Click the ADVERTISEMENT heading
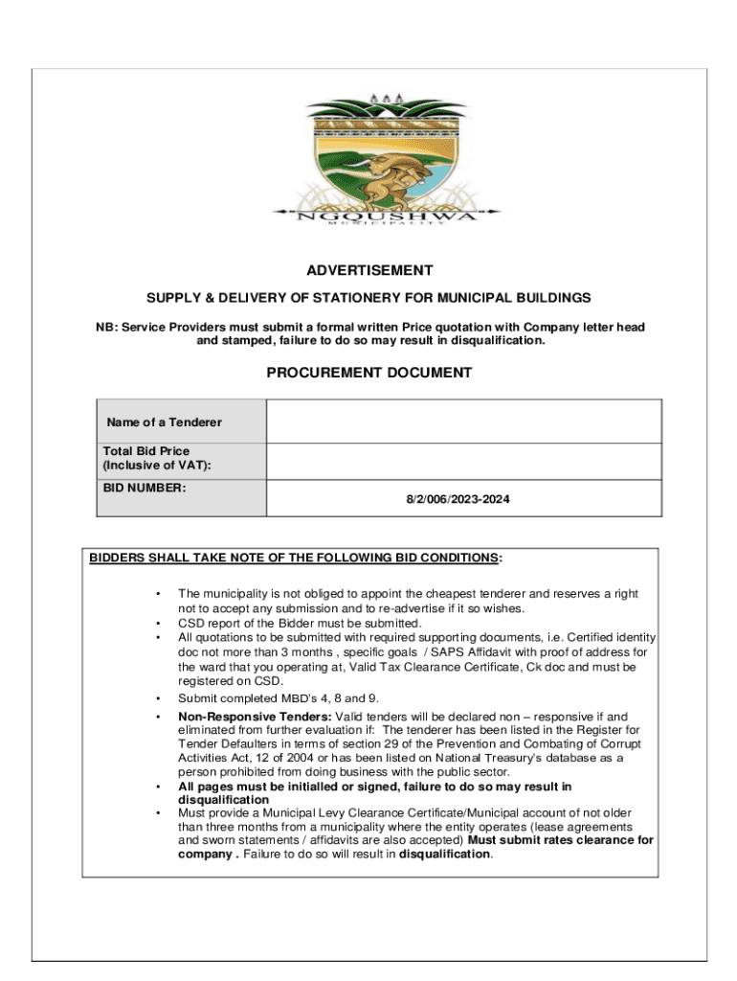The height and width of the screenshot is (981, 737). pyautogui.click(x=368, y=270)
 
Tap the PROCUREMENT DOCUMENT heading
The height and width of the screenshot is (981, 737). pyautogui.click(x=368, y=372)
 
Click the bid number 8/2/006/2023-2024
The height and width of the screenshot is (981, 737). pyautogui.click(x=463, y=499)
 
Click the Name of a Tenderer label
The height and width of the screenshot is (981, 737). pyautogui.click(x=164, y=422)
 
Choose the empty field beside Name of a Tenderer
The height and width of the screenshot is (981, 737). pyautogui.click(x=463, y=422)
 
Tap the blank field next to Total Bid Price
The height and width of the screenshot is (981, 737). pyautogui.click(x=463, y=461)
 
